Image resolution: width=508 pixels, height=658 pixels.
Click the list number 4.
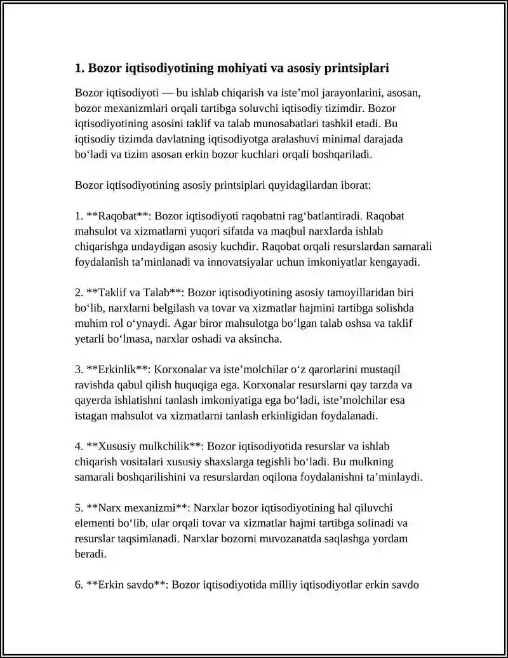[79, 446]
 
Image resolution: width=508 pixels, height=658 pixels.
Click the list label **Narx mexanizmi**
[137, 508]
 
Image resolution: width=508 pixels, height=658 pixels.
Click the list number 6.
[79, 585]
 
